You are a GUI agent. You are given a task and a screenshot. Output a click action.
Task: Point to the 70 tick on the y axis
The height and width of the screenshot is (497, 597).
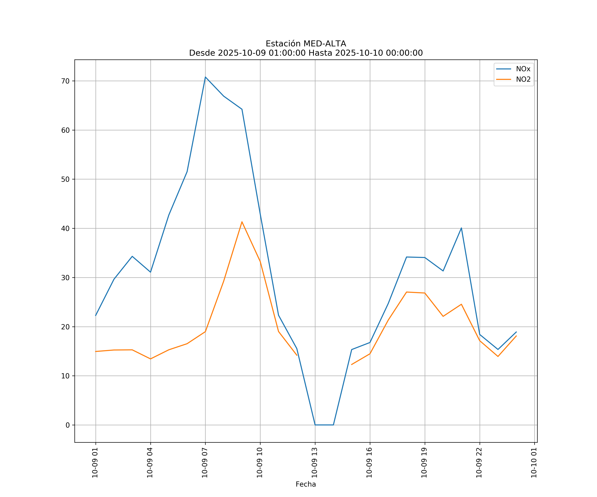coord(65,81)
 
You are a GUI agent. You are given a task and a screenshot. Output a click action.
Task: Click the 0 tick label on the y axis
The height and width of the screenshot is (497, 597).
coord(68,425)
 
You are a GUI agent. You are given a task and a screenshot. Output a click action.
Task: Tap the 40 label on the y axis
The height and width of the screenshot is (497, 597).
coord(65,228)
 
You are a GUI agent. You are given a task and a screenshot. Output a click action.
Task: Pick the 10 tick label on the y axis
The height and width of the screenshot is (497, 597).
coord(65,376)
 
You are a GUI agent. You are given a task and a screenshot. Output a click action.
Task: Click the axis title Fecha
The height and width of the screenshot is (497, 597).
coord(306,484)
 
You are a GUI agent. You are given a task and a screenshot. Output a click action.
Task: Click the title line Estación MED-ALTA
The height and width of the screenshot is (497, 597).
coord(306,44)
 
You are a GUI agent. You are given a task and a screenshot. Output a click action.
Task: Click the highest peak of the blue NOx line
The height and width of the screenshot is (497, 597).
coord(205,77)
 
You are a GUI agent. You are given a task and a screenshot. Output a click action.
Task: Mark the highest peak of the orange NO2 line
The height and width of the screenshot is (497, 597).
coord(242,222)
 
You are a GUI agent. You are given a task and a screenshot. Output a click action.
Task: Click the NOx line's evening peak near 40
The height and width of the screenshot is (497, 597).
coord(461,228)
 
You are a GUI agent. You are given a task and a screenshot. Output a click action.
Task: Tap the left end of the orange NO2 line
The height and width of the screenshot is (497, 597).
coord(96,351)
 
